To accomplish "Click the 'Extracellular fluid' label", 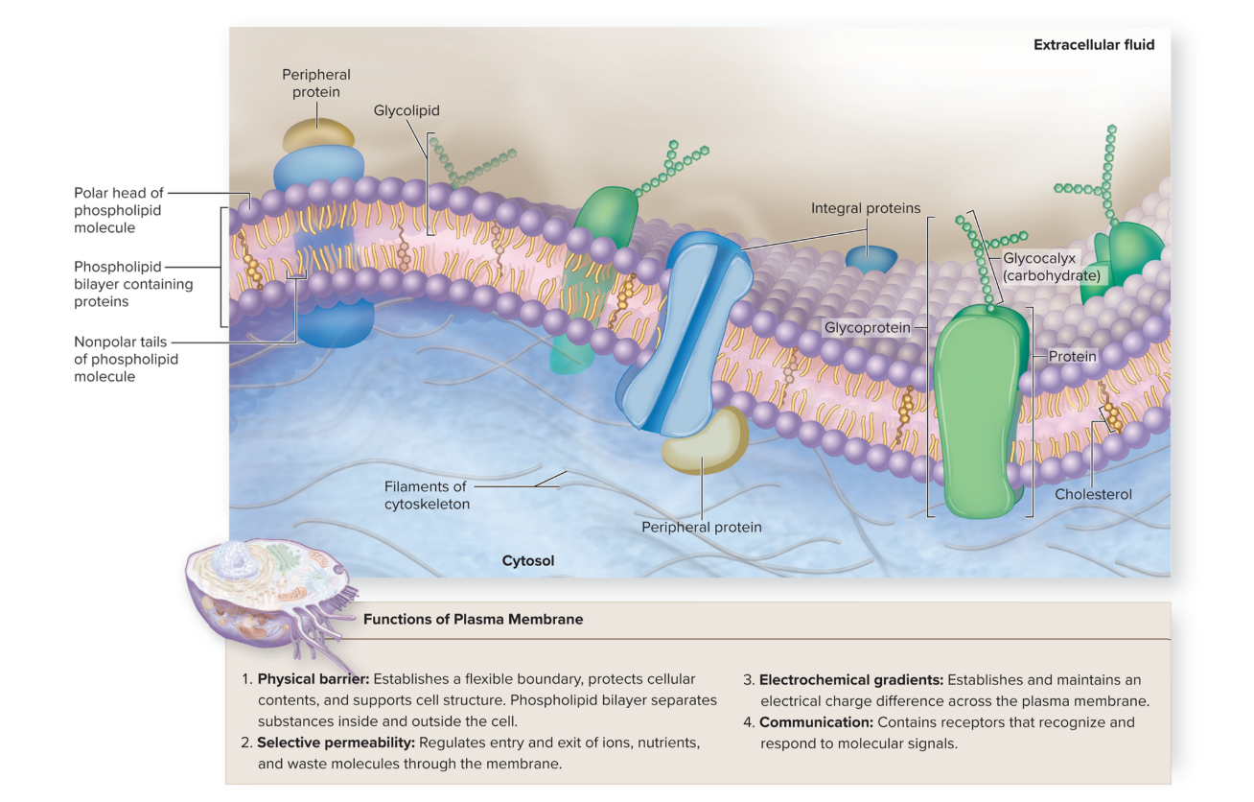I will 1093,45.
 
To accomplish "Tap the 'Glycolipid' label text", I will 406,111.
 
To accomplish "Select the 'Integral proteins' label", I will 865,208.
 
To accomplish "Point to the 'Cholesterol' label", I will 1093,494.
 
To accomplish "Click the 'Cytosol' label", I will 528,560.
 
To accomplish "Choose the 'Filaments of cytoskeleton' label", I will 428,495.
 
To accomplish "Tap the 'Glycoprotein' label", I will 867,328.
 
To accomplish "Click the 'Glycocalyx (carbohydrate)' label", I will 1050,267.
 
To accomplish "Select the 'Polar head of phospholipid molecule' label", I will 118,210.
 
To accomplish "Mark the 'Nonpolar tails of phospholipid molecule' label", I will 126,359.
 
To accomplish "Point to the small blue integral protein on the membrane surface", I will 871,257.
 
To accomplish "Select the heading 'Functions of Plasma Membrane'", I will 473,620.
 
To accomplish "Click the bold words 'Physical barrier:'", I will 313,679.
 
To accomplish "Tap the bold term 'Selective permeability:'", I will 335,743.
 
